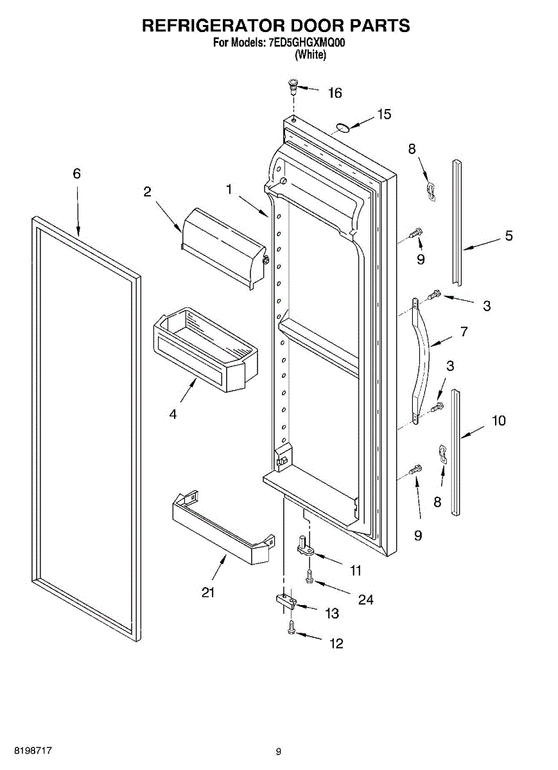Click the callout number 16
click(x=335, y=94)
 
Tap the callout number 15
click(x=384, y=114)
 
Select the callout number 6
click(x=77, y=174)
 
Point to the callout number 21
click(x=207, y=592)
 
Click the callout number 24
click(x=365, y=600)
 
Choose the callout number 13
click(x=331, y=613)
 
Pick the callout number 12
click(x=336, y=644)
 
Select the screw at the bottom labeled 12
click(x=292, y=628)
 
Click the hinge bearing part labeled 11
click(x=304, y=546)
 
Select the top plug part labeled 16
click(x=293, y=83)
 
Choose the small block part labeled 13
click(x=284, y=601)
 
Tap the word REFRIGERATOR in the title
click(x=212, y=26)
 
